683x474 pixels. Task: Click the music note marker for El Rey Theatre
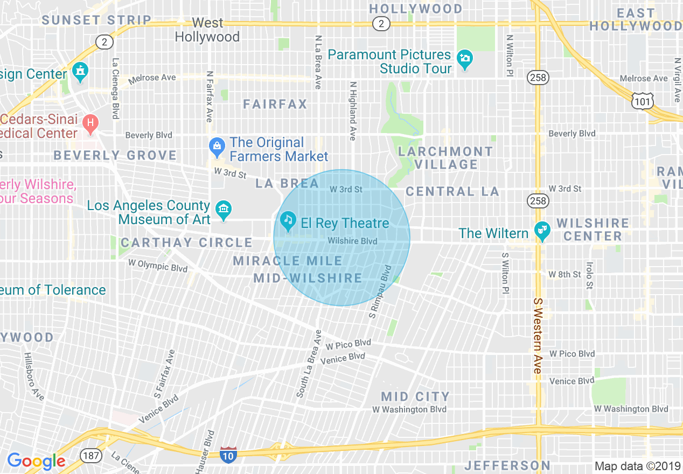288,220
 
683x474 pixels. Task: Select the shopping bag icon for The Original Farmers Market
217,145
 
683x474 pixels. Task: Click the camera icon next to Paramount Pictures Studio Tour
464,59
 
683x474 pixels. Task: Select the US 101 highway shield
644,100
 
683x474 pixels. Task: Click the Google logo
36,461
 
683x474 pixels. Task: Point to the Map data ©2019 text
637,466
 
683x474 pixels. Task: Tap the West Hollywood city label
207,30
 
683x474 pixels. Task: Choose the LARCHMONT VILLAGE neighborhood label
445,158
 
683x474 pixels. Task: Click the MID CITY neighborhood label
415,397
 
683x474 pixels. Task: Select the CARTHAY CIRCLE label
186,243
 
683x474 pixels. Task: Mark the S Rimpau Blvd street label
379,291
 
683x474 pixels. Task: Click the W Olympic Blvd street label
158,266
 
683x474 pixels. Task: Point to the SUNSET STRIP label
96,20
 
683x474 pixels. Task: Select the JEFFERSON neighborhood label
507,465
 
